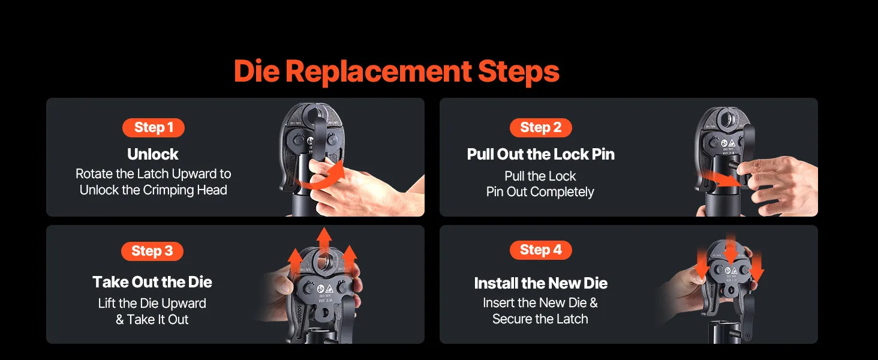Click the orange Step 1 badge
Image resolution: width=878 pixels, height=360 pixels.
point(154,127)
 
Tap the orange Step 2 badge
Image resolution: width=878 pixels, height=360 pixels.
point(540,127)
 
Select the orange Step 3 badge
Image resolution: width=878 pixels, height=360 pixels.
point(152,251)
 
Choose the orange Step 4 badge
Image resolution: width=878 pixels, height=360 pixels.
point(540,250)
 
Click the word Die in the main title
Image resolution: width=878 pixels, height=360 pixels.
point(257,71)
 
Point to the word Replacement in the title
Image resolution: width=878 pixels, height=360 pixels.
point(378,71)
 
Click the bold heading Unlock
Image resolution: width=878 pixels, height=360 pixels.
point(153,154)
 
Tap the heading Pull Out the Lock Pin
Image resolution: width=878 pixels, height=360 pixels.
point(540,154)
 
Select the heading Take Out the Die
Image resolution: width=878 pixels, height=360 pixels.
point(152,282)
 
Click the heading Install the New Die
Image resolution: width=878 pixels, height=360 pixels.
point(540,283)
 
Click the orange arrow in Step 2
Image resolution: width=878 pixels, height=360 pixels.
point(721,181)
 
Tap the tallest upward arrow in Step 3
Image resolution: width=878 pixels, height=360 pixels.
point(324,241)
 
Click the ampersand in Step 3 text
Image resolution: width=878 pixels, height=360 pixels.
point(120,320)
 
